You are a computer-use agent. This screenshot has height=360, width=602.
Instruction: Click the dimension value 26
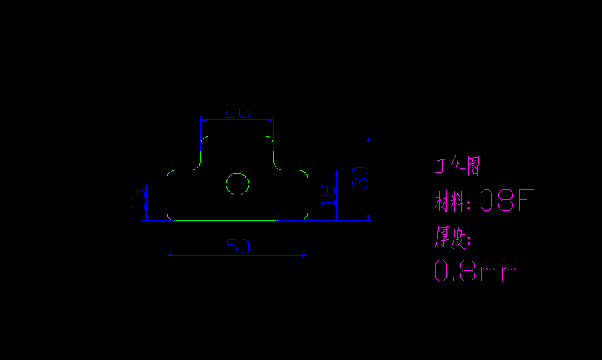point(237,111)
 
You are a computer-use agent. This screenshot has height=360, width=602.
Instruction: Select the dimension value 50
point(237,247)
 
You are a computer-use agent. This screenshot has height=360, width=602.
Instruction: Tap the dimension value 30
point(359,178)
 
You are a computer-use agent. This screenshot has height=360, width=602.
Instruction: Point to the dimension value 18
point(328,195)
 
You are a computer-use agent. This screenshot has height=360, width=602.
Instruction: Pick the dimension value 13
point(137,199)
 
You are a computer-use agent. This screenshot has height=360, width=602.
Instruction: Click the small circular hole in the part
point(237,184)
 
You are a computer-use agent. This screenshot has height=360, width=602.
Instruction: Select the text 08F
point(504,201)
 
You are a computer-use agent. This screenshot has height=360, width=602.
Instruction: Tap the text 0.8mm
point(477,271)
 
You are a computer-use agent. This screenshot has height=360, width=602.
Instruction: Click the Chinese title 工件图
point(458,167)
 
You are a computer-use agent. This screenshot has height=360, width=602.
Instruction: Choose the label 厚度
point(451,237)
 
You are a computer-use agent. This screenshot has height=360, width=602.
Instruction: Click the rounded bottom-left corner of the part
point(170,217)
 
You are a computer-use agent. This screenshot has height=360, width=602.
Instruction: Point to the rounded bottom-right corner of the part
point(304,217)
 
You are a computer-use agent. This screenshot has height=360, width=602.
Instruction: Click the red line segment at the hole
point(246,184)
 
